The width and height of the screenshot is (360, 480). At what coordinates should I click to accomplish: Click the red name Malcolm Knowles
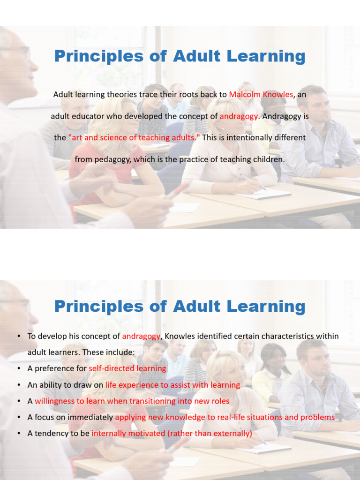coord(261,94)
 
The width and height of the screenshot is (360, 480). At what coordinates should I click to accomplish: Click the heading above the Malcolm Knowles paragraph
coord(180,56)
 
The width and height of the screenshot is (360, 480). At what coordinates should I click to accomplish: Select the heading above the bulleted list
coord(180,307)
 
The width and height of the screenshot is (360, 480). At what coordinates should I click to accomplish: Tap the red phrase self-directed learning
coord(127,368)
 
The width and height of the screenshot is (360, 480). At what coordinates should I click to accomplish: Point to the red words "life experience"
coord(131,385)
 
